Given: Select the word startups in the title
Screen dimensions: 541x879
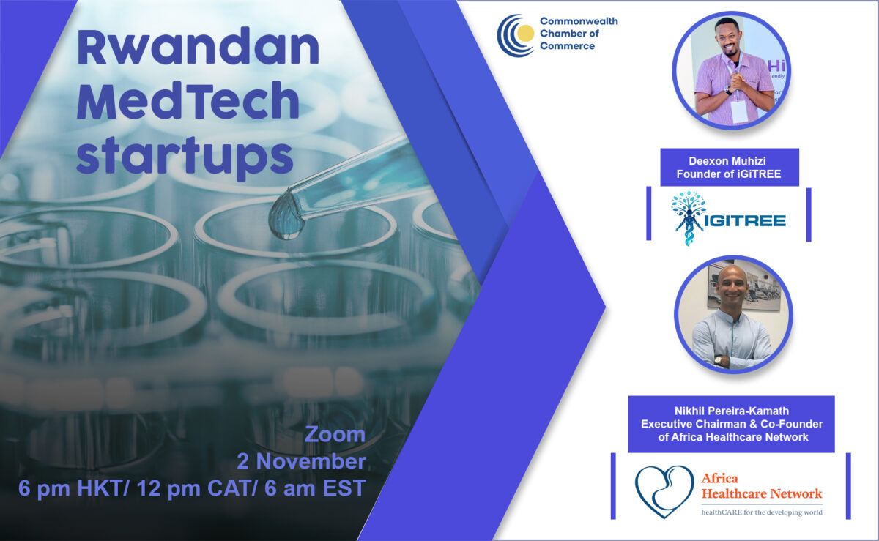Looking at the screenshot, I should click(x=185, y=156).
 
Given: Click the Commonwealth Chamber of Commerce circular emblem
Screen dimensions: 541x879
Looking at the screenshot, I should click(x=516, y=34).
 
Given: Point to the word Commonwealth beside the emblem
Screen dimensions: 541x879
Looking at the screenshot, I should click(x=578, y=21).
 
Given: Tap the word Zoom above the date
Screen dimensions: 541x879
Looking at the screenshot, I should click(x=335, y=434).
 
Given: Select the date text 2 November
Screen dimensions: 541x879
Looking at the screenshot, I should click(x=301, y=462).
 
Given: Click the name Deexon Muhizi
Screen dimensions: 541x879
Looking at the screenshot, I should click(x=729, y=160).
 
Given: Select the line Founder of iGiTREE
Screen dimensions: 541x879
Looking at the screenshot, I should click(x=729, y=174).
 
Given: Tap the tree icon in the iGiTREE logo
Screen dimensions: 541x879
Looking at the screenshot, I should click(x=689, y=217).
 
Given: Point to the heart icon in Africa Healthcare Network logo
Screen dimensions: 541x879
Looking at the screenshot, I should click(x=664, y=491).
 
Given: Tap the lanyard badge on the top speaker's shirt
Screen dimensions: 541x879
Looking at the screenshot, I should click(x=738, y=110).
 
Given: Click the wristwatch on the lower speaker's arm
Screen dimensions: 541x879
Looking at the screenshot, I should click(x=719, y=359).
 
